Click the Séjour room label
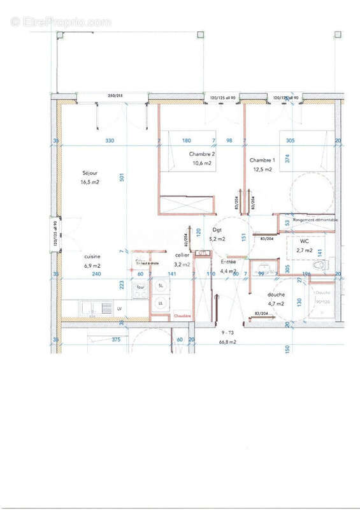pyautogui.click(x=89, y=173)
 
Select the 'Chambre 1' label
pyautogui.click(x=263, y=160)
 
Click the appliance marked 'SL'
pyautogui.click(x=161, y=286)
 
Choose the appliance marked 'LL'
pyautogui.click(x=161, y=303)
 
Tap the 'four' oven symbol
pyautogui.click(x=140, y=288)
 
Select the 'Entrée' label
pyautogui.click(x=228, y=262)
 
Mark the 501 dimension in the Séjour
pyautogui.click(x=121, y=178)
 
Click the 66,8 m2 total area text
pyautogui.click(x=228, y=342)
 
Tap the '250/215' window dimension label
pyautogui.click(x=115, y=94)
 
